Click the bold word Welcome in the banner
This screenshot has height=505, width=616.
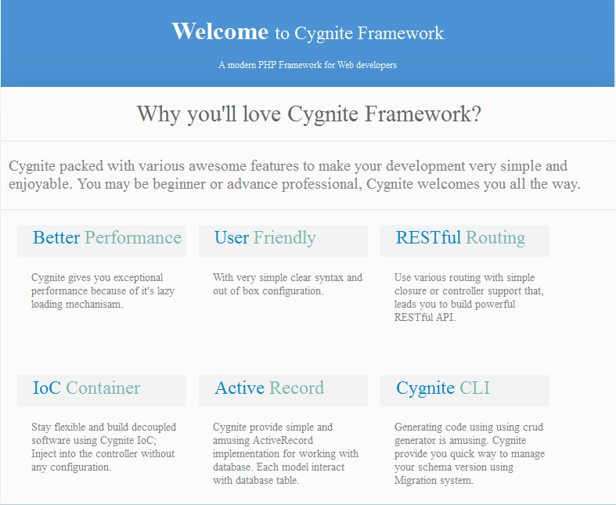[x=220, y=31]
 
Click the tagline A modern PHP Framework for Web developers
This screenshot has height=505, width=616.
[x=308, y=65]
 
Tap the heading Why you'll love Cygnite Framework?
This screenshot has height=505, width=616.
[x=309, y=114]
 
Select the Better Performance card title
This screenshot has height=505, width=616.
[x=107, y=237]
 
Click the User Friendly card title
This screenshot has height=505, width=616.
[x=265, y=238]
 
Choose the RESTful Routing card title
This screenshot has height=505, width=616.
[x=460, y=238]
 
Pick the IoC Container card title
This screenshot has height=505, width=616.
[x=86, y=388]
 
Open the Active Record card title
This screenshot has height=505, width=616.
[x=269, y=388]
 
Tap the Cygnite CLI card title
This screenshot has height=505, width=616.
[x=443, y=388]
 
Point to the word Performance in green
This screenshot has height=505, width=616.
[x=133, y=237]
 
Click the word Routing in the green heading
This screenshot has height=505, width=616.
[x=495, y=238]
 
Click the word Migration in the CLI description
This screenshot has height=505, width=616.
[x=412, y=480]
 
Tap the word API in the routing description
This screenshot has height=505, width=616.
[x=445, y=317]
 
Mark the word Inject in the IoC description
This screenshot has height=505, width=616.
[x=44, y=454]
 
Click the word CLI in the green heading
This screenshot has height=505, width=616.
[x=474, y=388]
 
